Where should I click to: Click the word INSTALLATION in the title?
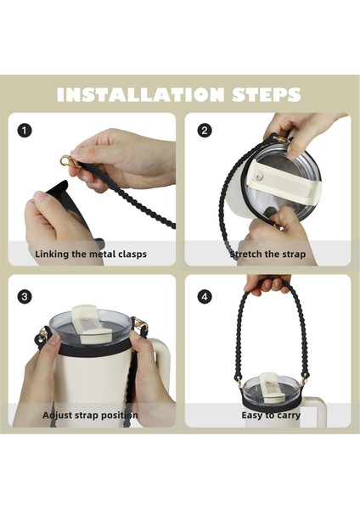pyautogui.click(x=140, y=94)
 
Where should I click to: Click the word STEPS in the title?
pyautogui.click(x=266, y=94)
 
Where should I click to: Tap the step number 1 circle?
pyautogui.click(x=25, y=131)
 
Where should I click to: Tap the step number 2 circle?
pyautogui.click(x=205, y=131)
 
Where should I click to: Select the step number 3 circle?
pyautogui.click(x=25, y=296)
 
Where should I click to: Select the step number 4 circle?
pyautogui.click(x=205, y=296)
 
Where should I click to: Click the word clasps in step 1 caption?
pyautogui.click(x=132, y=254)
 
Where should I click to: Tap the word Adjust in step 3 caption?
pyautogui.click(x=57, y=415)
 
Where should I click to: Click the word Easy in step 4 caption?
pyautogui.click(x=250, y=415)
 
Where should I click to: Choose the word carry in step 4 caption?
pyautogui.click(x=288, y=416)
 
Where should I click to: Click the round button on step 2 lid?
pyautogui.click(x=259, y=177)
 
